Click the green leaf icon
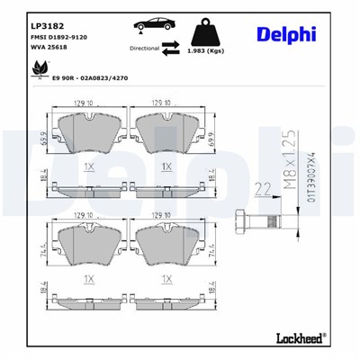(x=23, y=77)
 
